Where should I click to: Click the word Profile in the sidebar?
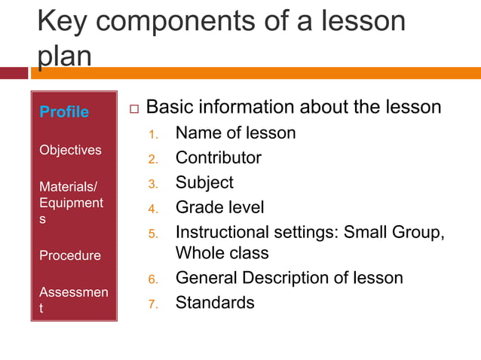[x=64, y=112]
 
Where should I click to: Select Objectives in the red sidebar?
[x=70, y=150]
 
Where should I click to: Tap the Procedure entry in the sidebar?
[x=70, y=255]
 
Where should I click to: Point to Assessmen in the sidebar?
[x=73, y=291]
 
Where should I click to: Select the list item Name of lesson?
[x=235, y=133]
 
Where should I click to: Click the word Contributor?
[x=219, y=158]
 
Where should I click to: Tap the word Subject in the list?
[x=204, y=182]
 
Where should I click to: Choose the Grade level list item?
[x=219, y=207]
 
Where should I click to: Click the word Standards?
[x=215, y=303]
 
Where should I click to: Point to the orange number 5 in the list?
[x=152, y=233]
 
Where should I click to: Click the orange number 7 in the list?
[x=152, y=304]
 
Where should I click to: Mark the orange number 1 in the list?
[x=152, y=136]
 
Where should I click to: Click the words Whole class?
[x=222, y=253]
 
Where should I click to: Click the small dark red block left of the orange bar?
[x=14, y=73]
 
